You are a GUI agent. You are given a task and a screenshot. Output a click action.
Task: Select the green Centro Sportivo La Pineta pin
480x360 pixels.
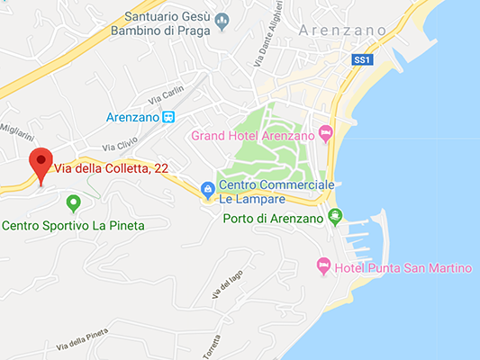coord(73,202)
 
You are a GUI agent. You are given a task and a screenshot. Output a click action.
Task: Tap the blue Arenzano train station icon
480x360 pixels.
coord(168,117)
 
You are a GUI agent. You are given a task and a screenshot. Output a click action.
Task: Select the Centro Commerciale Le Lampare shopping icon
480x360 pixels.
coord(208,189)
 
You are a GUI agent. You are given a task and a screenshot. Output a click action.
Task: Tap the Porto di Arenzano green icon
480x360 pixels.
coord(335,216)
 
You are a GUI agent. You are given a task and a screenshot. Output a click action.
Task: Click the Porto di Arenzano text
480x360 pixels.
coord(272,219)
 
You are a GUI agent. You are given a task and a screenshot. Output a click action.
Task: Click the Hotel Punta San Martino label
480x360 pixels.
coord(403,267)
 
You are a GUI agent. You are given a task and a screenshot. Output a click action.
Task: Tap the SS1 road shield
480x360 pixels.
coord(361,59)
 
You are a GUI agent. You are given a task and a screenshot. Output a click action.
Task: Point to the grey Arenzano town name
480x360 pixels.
coord(344,31)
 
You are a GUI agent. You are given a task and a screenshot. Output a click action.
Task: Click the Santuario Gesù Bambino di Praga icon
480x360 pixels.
coord(222,20)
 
